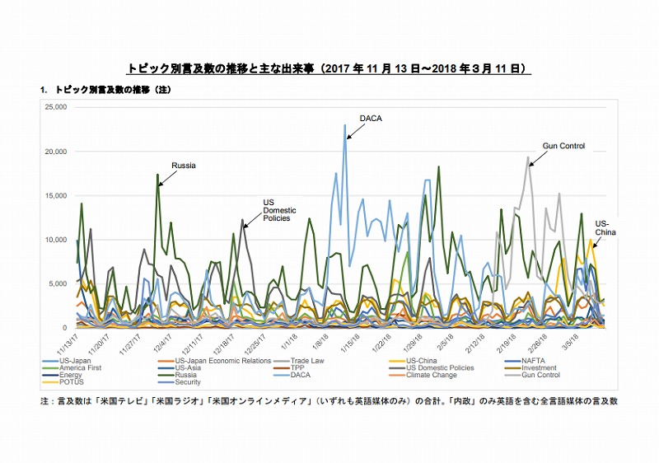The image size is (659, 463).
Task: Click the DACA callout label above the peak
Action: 371,119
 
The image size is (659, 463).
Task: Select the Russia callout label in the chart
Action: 183,166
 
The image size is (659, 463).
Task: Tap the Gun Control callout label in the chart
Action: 563,146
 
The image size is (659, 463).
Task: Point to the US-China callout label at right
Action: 605,227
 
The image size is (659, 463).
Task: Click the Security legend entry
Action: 189,382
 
